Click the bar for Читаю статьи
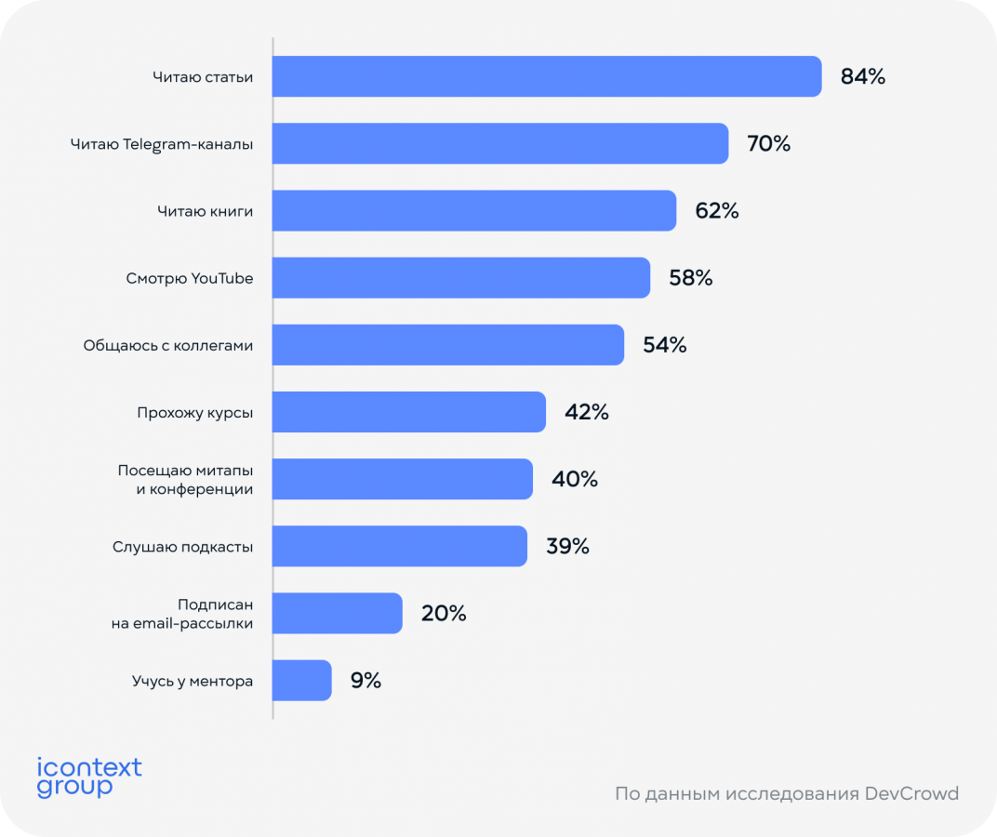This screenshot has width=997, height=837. [547, 76]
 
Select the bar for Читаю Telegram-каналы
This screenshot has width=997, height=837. [500, 143]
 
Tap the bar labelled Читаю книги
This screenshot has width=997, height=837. [474, 210]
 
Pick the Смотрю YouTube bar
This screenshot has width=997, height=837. [461, 277]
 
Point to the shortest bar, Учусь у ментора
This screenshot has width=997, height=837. [302, 680]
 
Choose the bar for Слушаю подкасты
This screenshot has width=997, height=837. [400, 546]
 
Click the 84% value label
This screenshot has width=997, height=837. [863, 77]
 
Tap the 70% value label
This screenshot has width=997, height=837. [768, 144]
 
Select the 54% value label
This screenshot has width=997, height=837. [665, 345]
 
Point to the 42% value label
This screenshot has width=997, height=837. [587, 412]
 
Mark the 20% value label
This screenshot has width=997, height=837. [444, 614]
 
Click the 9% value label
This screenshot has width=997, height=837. [366, 681]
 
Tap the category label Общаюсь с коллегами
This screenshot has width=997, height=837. [168, 345]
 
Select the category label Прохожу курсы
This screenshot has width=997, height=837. [194, 412]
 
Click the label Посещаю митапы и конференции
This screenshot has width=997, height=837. [186, 479]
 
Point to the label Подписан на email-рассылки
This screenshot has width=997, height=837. [182, 614]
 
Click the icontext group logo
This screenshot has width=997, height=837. [89, 777]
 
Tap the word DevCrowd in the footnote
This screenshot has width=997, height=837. [911, 794]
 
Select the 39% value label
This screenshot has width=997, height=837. [567, 546]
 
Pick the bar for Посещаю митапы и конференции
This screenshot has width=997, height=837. [403, 479]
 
